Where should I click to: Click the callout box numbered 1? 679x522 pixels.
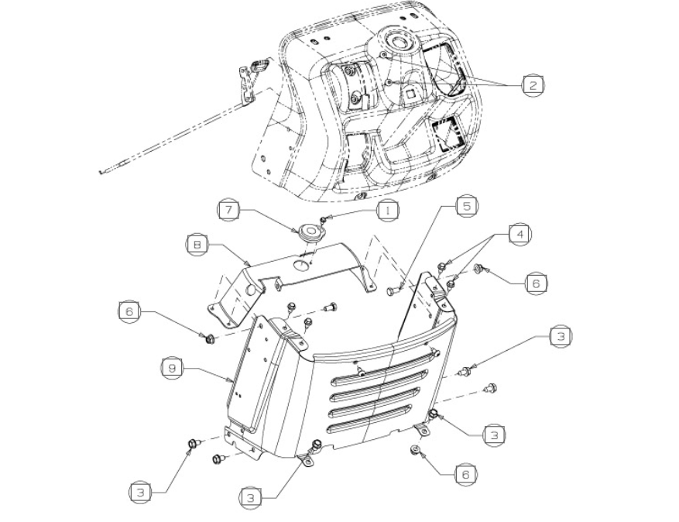pyautogui.click(x=388, y=211)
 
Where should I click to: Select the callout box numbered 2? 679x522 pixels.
pyautogui.click(x=533, y=85)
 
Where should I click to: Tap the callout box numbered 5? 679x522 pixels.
pyautogui.click(x=467, y=206)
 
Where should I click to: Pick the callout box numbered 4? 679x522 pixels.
pyautogui.click(x=520, y=235)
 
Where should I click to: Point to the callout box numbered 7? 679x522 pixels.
pyautogui.click(x=229, y=210)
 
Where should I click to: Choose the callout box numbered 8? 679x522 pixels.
pyautogui.click(x=197, y=245)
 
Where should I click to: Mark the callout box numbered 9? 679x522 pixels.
pyautogui.click(x=172, y=369)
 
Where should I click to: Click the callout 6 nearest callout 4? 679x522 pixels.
pyautogui.click(x=536, y=283)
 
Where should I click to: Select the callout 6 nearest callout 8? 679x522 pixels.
pyautogui.click(x=130, y=311)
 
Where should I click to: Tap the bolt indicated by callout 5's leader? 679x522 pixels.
pyautogui.click(x=393, y=290)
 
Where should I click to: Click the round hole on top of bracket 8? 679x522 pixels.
pyautogui.click(x=302, y=266)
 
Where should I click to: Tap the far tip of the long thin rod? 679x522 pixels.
pyautogui.click(x=100, y=173)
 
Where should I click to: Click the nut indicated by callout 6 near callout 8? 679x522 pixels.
pyautogui.click(x=209, y=338)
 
